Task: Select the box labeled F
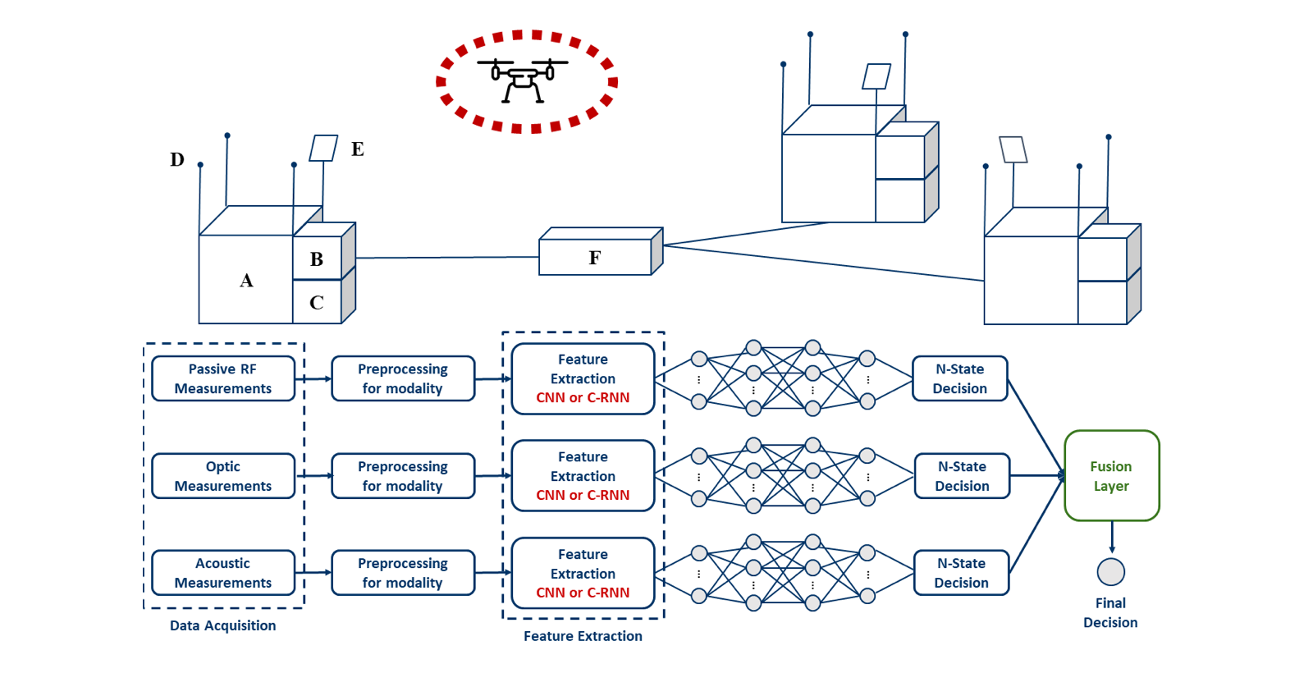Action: pos(596,257)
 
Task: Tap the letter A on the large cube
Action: pos(246,281)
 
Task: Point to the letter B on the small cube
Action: pos(317,259)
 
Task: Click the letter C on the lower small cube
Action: pos(317,303)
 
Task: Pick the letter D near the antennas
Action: pos(177,159)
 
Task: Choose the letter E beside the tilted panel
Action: pos(358,149)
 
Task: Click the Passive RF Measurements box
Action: pos(223,378)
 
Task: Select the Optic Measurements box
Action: pos(223,476)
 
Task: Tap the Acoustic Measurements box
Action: pos(223,573)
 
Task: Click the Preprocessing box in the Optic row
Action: pos(403,476)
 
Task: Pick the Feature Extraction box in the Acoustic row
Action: pos(583,573)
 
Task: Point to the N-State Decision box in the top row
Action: pos(960,378)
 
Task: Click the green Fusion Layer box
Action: pos(1111,476)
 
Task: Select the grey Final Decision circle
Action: pos(1111,572)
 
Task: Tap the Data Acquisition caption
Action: pos(223,625)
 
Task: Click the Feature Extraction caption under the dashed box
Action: pos(583,636)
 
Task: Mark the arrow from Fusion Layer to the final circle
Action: pos(1112,538)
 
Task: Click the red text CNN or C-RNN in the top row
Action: pos(583,398)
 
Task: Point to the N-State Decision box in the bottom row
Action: pos(962,573)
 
